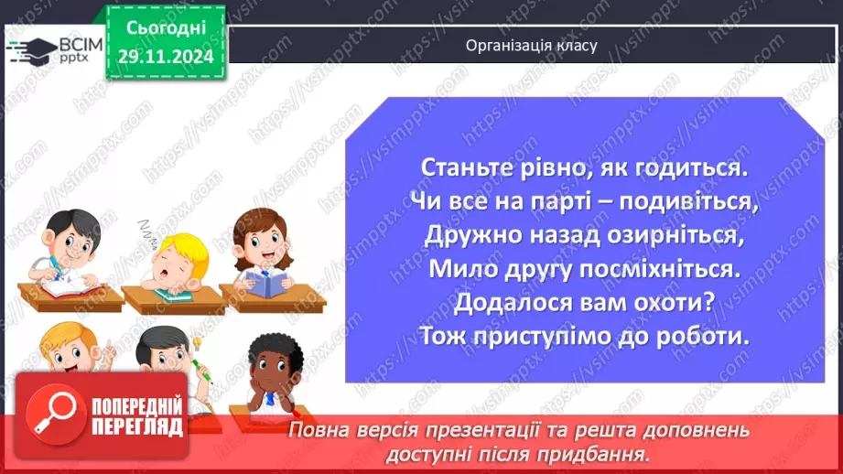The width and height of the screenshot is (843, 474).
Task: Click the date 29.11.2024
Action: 166,55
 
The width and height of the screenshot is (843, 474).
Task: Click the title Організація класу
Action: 531,44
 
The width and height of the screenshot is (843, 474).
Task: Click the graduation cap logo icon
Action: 29,48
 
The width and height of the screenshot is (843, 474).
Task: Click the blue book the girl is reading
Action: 268,285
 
